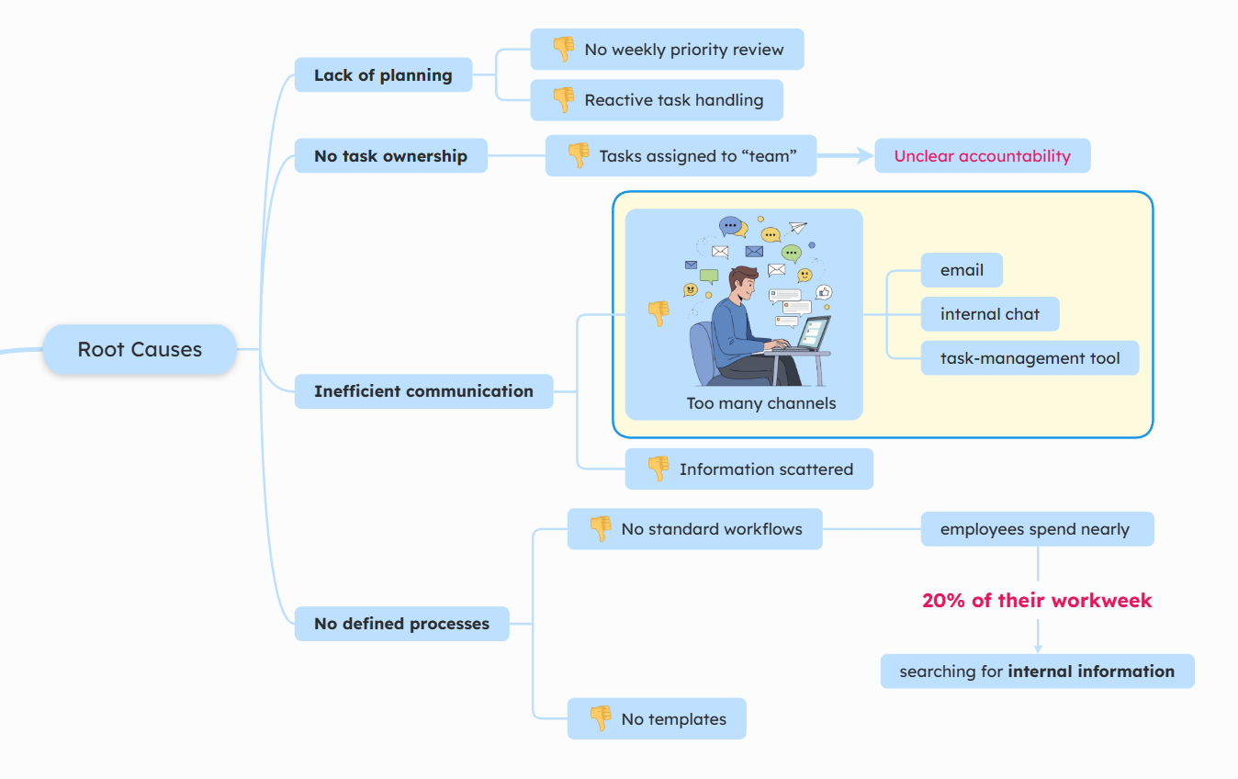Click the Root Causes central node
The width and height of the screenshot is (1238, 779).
tap(140, 349)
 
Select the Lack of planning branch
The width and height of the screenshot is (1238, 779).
tap(383, 75)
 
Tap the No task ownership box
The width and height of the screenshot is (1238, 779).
tap(390, 156)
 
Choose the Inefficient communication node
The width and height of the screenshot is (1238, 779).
tap(423, 391)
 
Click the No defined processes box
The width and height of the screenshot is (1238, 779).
tap(401, 624)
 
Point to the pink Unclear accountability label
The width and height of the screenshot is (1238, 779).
tap(982, 156)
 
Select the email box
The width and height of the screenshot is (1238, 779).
tap(962, 270)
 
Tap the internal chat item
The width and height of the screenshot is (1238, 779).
tap(989, 314)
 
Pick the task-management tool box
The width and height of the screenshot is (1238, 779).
tap(1030, 358)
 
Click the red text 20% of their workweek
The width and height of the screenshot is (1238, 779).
tap(1037, 601)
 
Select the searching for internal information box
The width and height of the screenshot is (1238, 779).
tap(1037, 672)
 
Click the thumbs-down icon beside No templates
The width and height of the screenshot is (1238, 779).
tap(600, 718)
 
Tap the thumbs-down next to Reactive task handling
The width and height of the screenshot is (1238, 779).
tap(563, 99)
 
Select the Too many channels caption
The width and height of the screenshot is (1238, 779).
tap(761, 403)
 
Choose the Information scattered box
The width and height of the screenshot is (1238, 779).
tap(748, 469)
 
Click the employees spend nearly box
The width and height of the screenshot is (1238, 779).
tap(1037, 529)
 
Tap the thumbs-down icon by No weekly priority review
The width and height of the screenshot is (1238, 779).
tap(563, 49)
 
